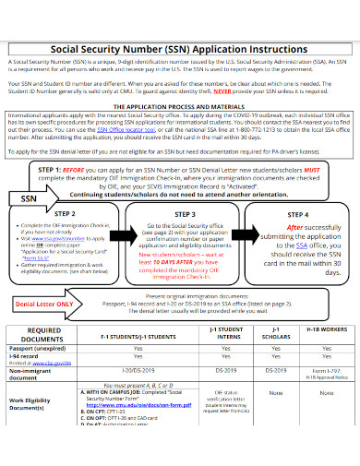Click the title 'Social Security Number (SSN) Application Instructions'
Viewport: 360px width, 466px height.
(x=180, y=42)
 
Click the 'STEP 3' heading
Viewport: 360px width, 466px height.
(x=181, y=212)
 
